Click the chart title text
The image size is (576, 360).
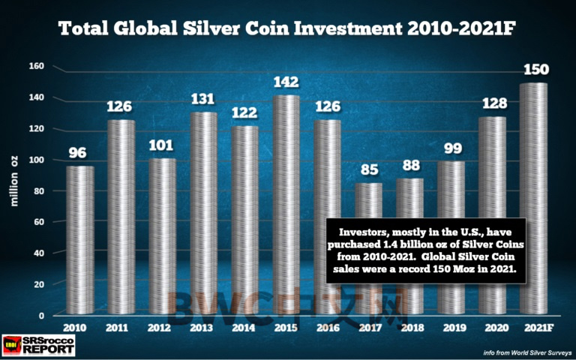tap(288, 29)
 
